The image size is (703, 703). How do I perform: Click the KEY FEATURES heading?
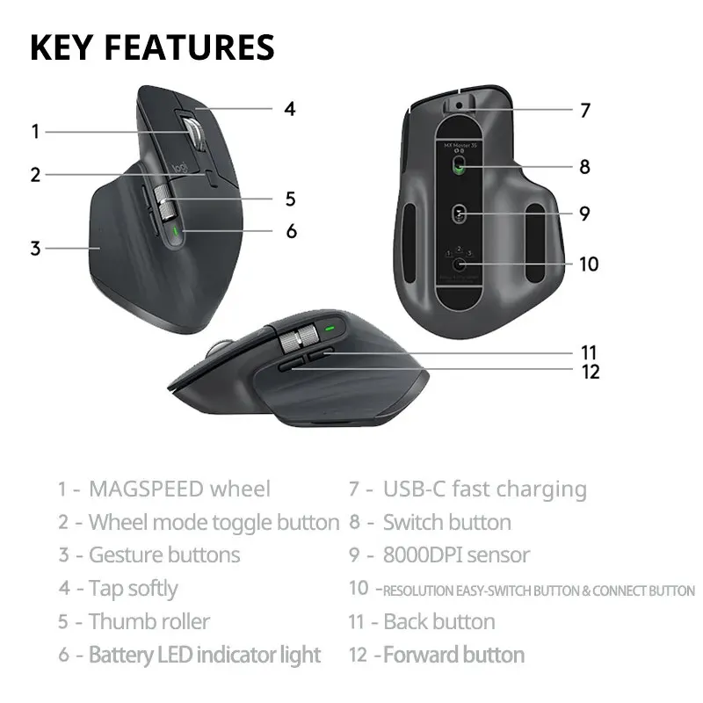pyautogui.click(x=152, y=47)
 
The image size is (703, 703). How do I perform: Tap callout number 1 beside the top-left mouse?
pyautogui.click(x=35, y=133)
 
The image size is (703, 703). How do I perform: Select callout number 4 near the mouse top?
pyautogui.click(x=289, y=110)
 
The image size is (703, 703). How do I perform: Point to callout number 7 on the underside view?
pyautogui.click(x=584, y=111)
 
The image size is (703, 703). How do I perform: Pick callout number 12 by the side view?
pyautogui.click(x=591, y=372)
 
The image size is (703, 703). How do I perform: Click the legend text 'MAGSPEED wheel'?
pyautogui.click(x=179, y=489)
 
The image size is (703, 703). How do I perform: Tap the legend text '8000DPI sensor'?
pyautogui.click(x=456, y=555)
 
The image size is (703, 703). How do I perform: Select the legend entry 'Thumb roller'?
pyautogui.click(x=149, y=622)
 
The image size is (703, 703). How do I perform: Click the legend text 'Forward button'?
pyautogui.click(x=453, y=655)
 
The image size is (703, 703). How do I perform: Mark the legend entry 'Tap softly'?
pyautogui.click(x=133, y=589)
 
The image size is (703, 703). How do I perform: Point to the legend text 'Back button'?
pyautogui.click(x=438, y=622)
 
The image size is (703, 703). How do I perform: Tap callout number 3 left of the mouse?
pyautogui.click(x=35, y=249)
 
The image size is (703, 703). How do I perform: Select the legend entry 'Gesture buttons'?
pyautogui.click(x=163, y=555)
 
